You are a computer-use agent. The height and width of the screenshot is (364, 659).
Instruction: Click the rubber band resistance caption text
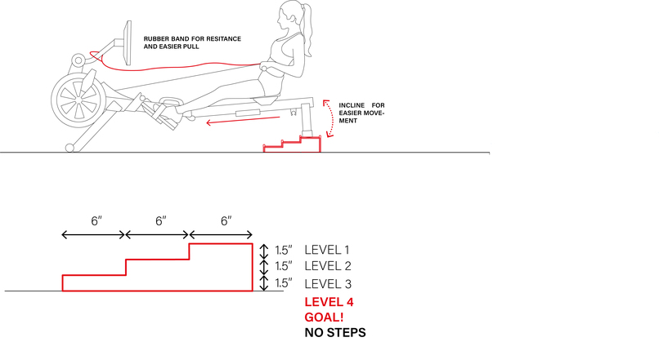point(193,42)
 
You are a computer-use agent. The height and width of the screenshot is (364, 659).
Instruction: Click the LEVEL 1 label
point(327,250)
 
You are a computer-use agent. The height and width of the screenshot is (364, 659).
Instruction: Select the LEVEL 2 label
point(327,266)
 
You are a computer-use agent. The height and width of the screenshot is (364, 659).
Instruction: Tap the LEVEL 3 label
point(327,284)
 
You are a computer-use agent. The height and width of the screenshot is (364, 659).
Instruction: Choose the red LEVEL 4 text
point(329,302)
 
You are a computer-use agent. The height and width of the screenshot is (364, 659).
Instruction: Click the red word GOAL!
point(323,317)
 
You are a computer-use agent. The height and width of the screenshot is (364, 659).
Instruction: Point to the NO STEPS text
point(334,333)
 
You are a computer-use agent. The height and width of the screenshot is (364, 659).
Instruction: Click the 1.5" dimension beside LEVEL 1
point(283,250)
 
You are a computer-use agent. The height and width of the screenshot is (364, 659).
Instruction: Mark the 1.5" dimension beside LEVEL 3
point(283,284)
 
